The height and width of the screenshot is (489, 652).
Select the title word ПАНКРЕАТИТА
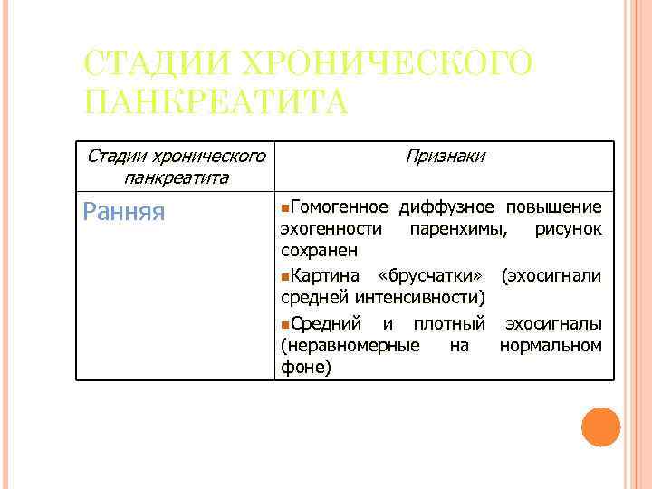216,102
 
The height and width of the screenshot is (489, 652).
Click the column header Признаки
445,156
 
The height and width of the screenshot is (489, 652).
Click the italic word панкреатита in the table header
176,177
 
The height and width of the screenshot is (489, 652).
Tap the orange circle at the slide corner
600,427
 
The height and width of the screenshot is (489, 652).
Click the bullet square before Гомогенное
285,206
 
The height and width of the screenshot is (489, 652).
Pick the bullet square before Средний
285,323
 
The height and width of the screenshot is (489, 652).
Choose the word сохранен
319,250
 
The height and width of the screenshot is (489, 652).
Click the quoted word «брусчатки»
441,274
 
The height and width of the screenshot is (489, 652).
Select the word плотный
449,322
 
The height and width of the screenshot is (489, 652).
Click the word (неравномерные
350,345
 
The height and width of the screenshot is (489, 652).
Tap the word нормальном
550,345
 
